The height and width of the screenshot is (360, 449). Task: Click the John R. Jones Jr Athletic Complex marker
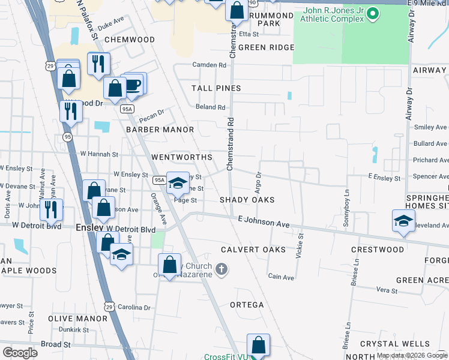(372, 14)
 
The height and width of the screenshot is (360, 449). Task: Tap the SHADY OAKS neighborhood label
(247, 200)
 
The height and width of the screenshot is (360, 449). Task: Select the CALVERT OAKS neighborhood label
(244, 250)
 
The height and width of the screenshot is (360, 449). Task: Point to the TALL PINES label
(216, 88)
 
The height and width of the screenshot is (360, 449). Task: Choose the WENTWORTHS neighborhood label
(181, 157)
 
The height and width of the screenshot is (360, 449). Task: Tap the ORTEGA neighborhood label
(247, 305)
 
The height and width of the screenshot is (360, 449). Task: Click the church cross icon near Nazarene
(221, 269)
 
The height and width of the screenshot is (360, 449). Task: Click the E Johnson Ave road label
(264, 223)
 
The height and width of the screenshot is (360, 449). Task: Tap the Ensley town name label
(90, 229)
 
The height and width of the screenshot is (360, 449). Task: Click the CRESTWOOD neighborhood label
(377, 250)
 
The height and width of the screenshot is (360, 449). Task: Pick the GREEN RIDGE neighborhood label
(266, 47)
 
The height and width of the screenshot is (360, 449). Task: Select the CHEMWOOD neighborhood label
(129, 40)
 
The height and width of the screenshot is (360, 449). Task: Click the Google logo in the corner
(20, 353)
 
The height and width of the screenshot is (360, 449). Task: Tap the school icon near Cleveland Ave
(403, 220)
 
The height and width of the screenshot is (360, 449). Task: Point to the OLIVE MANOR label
(77, 319)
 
